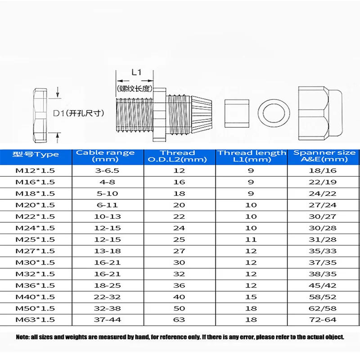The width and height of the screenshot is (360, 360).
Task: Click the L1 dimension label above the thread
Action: click(136, 72)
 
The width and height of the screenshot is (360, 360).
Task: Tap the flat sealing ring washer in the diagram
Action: click(274, 112)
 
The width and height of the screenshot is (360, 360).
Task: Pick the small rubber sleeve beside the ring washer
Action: click(236, 112)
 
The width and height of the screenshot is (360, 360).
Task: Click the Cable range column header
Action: click(105, 156)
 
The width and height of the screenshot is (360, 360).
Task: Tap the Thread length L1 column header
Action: click(252, 156)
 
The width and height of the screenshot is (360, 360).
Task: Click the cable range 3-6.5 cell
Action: click(105, 171)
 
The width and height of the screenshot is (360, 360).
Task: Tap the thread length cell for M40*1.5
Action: click(252, 297)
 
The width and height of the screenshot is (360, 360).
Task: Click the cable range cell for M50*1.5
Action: click(105, 308)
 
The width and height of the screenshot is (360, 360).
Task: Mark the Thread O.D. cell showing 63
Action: click(179, 319)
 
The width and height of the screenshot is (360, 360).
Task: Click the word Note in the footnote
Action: click(23, 337)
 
